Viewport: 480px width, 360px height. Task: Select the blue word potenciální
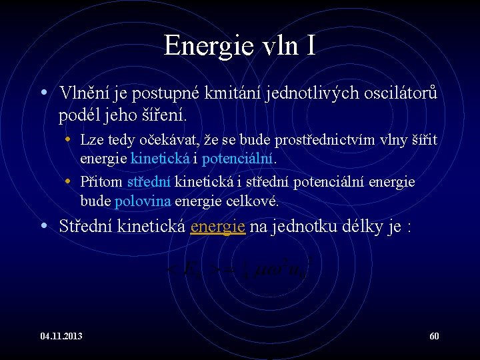pos(238,159)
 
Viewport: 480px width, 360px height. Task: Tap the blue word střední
pos(149,182)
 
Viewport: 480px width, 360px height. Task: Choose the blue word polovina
pos(143,201)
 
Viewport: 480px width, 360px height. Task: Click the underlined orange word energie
pos(218,227)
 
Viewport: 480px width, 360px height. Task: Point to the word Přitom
pos(101,182)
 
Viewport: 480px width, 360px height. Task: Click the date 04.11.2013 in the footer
pos(61,336)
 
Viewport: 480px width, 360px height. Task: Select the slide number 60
pos(434,336)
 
